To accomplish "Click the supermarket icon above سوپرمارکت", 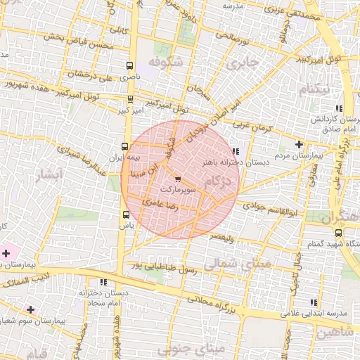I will tap(176, 179).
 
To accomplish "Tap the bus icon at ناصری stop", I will tap(129, 65).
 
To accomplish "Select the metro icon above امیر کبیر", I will tap(129, 100).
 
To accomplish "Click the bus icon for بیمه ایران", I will tap(125, 147).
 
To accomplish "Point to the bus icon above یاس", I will tap(126, 214).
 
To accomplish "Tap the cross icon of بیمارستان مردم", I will tap(299, 143).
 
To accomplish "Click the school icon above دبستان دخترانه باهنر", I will tap(235, 150).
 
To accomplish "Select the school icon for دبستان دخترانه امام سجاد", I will tap(103, 282).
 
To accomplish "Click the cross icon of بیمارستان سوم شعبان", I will tap(30, 309).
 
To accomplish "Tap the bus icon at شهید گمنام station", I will tap(338, 233).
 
